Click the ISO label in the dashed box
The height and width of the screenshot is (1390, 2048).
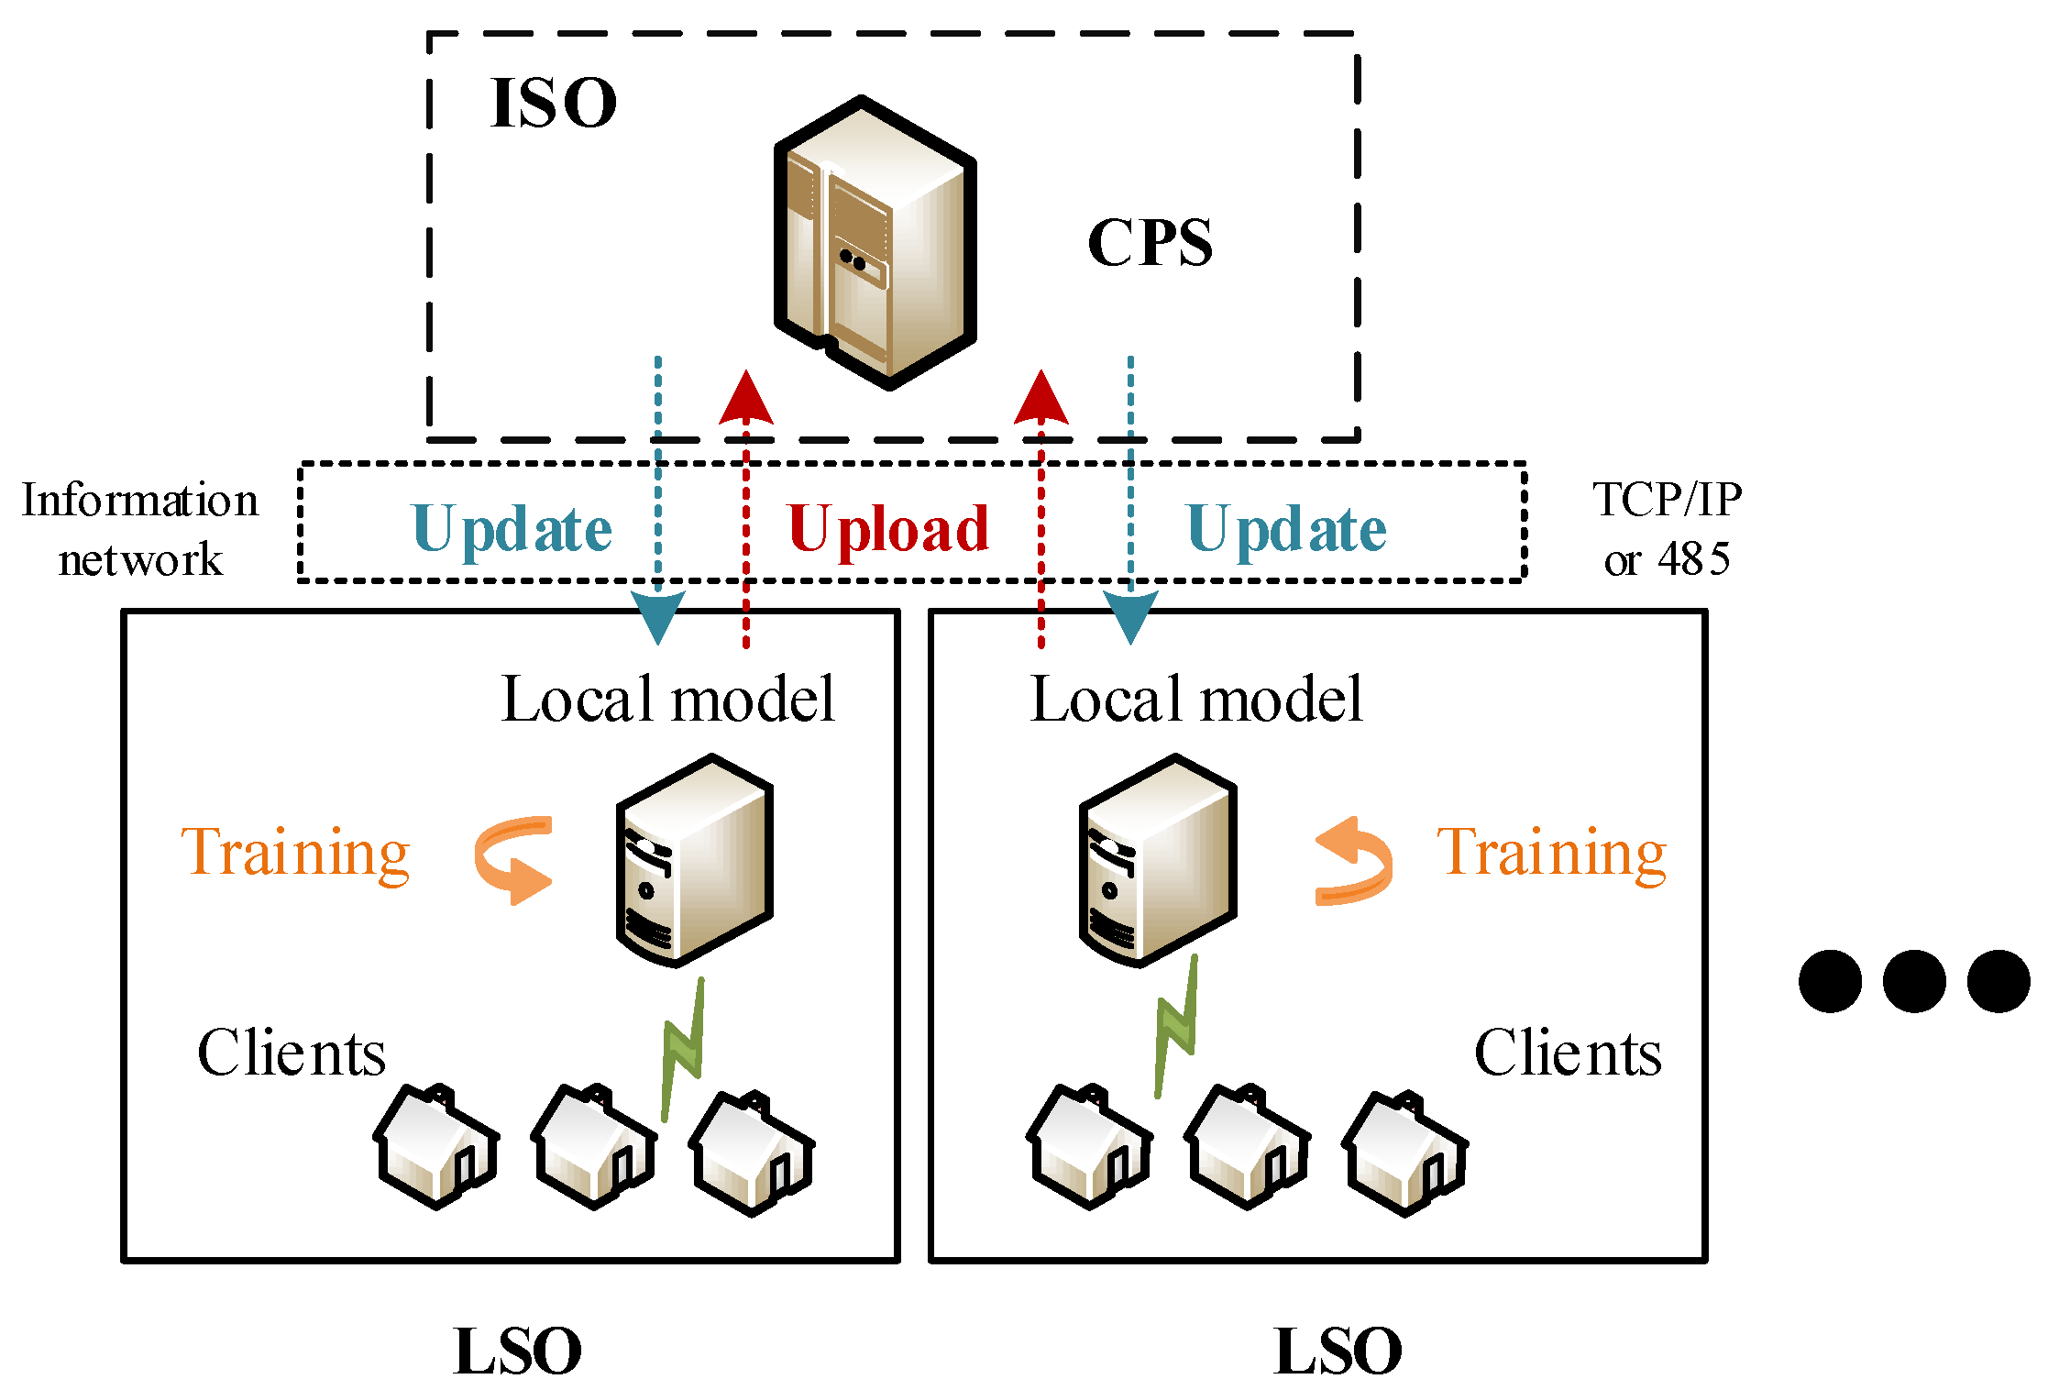point(553,103)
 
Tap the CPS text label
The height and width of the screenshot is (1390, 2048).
point(1150,243)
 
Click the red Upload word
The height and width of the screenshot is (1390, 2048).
point(887,530)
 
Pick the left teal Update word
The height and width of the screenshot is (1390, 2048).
point(512,530)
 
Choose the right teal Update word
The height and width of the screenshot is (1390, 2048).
point(1286,530)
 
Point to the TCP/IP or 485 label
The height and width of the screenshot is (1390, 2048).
point(1667,529)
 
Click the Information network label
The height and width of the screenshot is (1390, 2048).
point(140,529)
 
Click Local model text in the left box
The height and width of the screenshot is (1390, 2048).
point(667,700)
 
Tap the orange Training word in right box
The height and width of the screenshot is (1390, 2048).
point(1551,853)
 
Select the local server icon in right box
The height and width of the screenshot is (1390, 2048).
point(1158,860)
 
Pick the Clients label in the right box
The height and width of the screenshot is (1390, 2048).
point(1568,1053)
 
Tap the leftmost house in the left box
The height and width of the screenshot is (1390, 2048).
point(435,1146)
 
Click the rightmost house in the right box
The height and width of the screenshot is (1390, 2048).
point(1404,1153)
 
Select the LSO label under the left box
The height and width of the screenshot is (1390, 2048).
point(518,1351)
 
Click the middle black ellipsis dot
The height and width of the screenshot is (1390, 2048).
point(1914,981)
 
